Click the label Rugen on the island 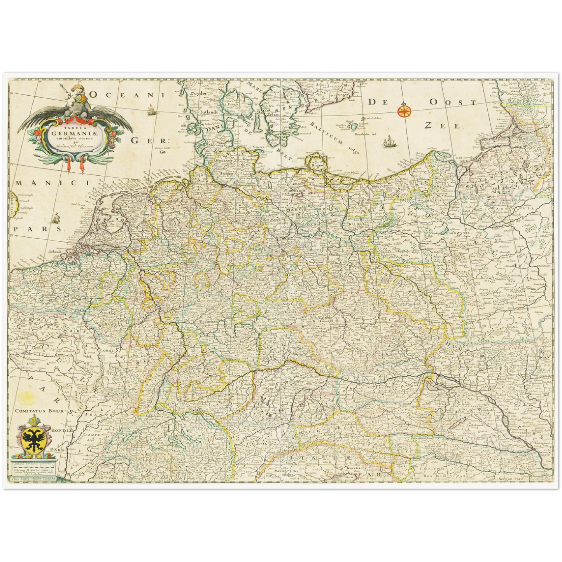click(317, 165)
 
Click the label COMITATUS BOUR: click(41, 410)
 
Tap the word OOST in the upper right click(453, 102)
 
